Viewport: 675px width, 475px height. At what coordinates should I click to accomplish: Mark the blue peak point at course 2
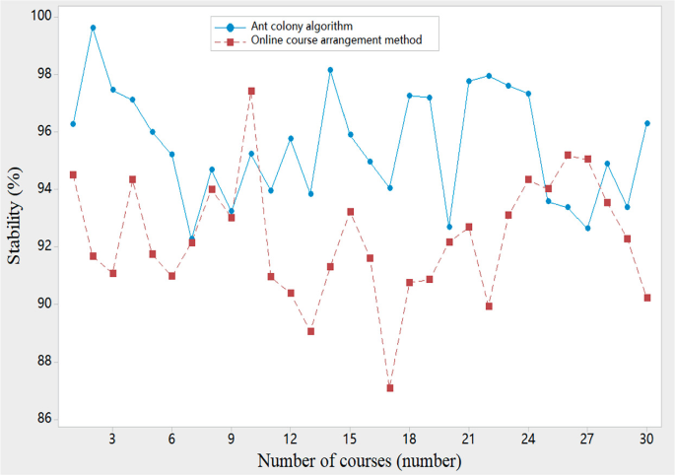93,28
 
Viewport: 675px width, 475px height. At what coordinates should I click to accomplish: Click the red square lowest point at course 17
390,388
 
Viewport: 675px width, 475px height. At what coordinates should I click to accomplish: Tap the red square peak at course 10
251,91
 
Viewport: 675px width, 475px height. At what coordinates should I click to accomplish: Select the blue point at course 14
330,70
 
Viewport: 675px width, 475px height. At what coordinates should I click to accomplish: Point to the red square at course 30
647,298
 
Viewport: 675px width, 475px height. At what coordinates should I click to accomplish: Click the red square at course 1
73,174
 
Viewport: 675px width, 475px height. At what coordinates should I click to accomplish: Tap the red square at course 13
310,331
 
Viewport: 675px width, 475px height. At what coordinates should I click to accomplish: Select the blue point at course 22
489,76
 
